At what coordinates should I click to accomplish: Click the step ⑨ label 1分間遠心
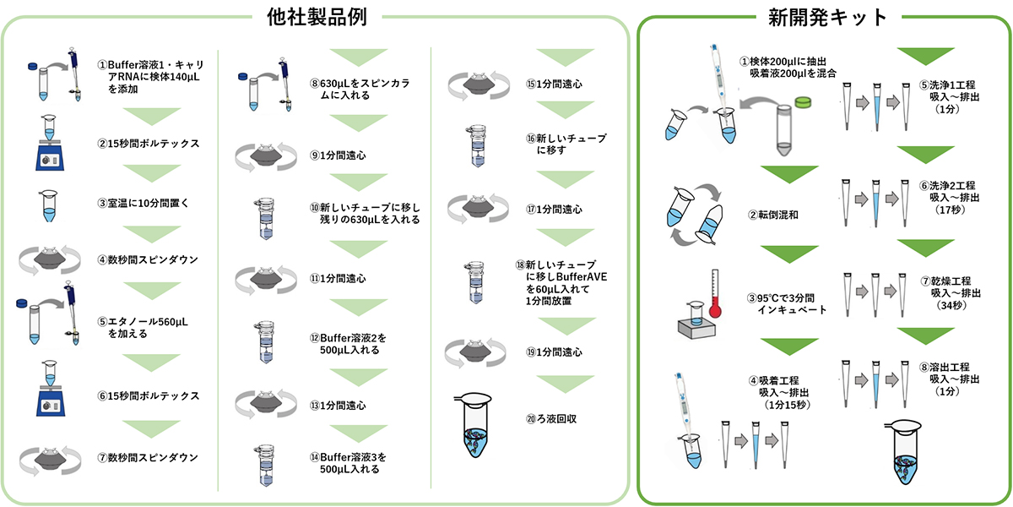[x=337, y=155]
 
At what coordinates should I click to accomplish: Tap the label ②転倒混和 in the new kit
[x=770, y=214]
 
